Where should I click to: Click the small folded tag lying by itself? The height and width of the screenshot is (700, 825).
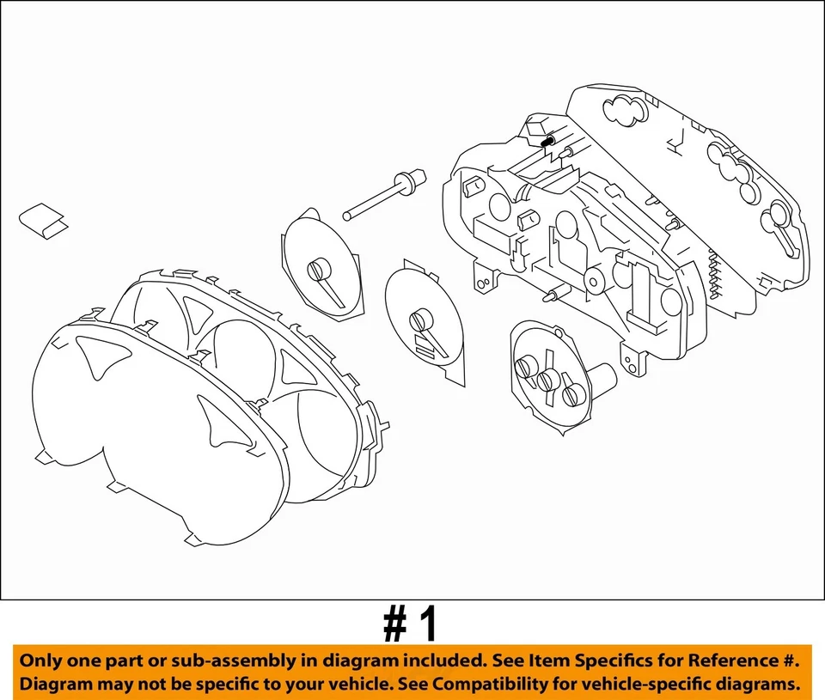pyautogui.click(x=45, y=220)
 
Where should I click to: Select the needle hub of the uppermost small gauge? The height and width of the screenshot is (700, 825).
pyautogui.click(x=317, y=270)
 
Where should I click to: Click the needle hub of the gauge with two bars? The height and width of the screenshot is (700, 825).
pyautogui.click(x=419, y=320)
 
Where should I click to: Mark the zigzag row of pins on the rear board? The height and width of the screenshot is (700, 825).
pyautogui.click(x=712, y=270)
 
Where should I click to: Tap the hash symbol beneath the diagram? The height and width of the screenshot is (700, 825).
pyautogui.click(x=394, y=627)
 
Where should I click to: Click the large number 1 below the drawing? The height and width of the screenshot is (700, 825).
pyautogui.click(x=427, y=627)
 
